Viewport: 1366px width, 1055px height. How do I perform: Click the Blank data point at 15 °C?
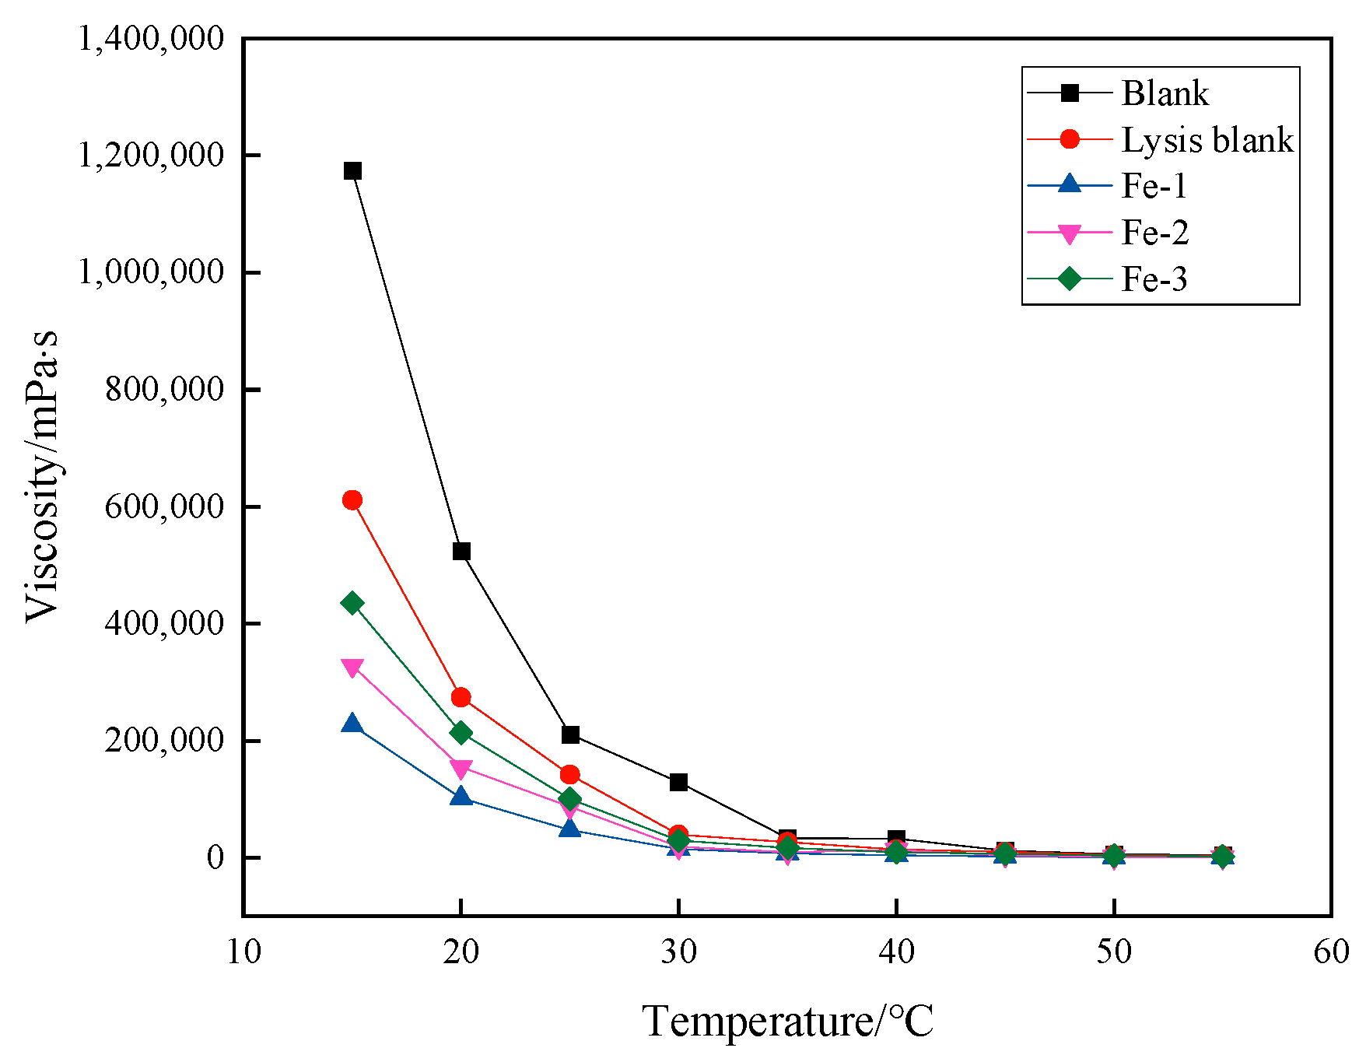(x=352, y=171)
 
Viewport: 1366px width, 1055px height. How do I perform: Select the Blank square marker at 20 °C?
(x=461, y=552)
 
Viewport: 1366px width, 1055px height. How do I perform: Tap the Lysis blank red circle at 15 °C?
(x=352, y=500)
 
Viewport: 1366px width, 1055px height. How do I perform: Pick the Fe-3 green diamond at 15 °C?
(x=352, y=603)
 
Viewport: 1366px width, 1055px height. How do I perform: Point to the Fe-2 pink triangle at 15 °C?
(x=352, y=668)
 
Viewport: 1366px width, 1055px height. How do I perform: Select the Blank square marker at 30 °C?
(x=678, y=782)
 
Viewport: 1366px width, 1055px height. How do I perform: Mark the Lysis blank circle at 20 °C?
(x=461, y=697)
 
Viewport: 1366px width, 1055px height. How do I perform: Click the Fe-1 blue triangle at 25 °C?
(x=570, y=829)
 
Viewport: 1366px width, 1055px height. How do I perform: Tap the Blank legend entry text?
(x=1165, y=93)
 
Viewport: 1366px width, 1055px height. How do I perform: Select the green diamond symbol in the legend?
(x=1070, y=279)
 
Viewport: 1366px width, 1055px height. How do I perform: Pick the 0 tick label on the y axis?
(x=215, y=857)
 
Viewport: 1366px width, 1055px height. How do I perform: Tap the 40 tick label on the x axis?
(x=896, y=952)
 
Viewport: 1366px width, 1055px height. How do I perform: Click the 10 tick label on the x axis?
(x=243, y=952)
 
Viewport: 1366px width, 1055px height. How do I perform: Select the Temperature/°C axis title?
(x=788, y=1021)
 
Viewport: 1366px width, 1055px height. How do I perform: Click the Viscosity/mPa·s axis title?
(x=43, y=476)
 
